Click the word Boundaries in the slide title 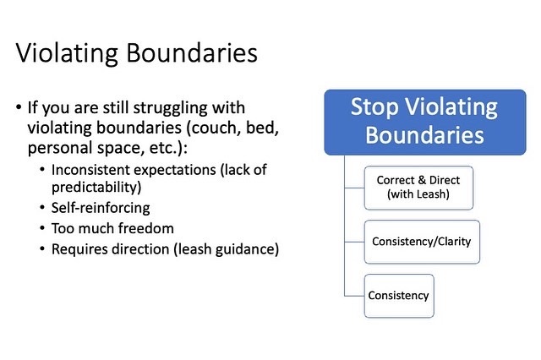point(192,53)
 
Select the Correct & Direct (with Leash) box point(418,188)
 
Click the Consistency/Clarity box point(422,242)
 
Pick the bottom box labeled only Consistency point(399,296)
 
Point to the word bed point(262,128)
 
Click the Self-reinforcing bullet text point(101,208)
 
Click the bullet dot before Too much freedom point(42,228)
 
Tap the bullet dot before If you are point(19,106)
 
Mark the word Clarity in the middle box point(455,242)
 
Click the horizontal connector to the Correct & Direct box point(354,188)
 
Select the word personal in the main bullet point(60,148)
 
